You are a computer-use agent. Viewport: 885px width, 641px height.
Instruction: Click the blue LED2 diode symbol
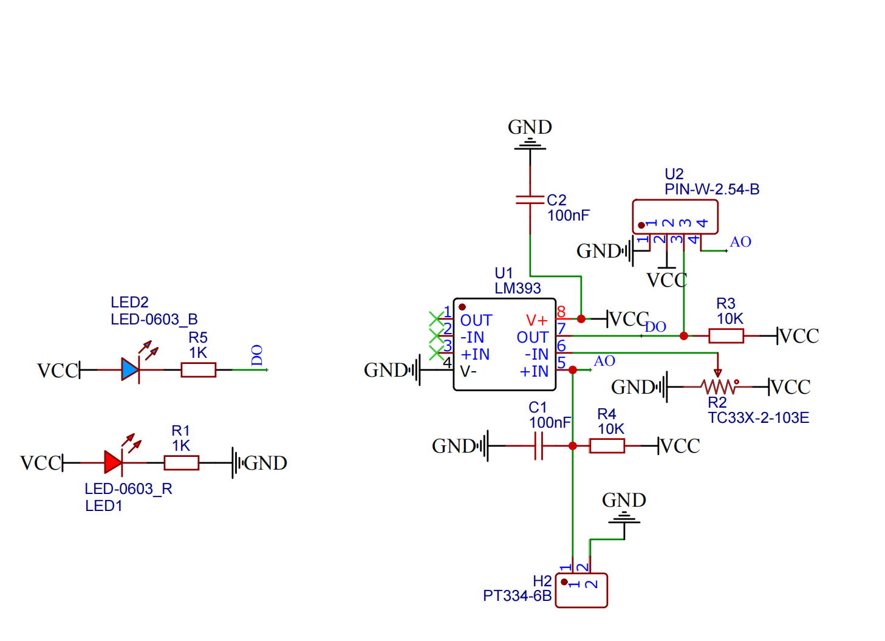click(130, 369)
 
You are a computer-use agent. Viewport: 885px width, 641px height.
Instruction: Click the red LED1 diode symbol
click(113, 462)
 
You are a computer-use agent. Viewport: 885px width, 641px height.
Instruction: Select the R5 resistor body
click(198, 369)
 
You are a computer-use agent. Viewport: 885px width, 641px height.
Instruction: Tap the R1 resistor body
click(181, 463)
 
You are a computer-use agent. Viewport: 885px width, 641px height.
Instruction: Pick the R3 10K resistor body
click(726, 335)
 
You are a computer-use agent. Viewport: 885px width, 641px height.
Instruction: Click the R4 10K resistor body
click(607, 446)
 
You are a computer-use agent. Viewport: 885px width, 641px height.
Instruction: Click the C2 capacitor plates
click(530, 199)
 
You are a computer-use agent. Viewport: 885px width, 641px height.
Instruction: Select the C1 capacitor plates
click(538, 446)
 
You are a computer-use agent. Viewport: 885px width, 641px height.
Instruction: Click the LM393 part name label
click(518, 288)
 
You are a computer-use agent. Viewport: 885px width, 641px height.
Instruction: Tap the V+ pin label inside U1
click(536, 320)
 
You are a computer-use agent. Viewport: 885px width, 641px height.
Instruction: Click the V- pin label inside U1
click(468, 371)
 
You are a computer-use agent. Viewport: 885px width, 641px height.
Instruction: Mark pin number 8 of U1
click(561, 312)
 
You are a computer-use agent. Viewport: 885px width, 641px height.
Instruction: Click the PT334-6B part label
click(517, 596)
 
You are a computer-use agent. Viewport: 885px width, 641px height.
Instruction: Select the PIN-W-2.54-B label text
click(712, 190)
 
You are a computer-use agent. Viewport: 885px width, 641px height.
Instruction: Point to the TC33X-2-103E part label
click(758, 418)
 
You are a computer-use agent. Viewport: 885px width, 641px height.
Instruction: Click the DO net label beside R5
click(257, 355)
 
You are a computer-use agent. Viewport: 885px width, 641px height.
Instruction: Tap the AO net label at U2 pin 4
click(740, 242)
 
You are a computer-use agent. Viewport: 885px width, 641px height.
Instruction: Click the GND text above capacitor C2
click(530, 127)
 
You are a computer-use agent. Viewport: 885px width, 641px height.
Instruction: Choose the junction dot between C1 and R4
click(572, 446)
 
